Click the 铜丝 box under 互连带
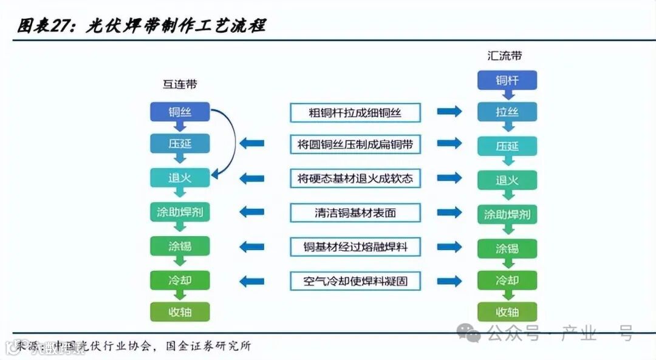tap(180, 112)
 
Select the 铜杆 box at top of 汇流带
tap(507, 80)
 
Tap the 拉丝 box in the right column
tap(507, 112)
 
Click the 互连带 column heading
tap(180, 84)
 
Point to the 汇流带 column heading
tap(505, 56)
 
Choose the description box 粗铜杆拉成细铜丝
tap(355, 112)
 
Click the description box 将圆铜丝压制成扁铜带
tap(355, 144)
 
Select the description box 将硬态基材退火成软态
tap(355, 178)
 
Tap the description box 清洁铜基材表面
tap(355, 212)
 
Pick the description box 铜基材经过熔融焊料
tap(355, 247)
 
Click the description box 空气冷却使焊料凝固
tap(355, 281)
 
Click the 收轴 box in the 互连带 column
tap(180, 312)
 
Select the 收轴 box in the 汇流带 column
tap(507, 312)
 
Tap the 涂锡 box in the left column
tap(180, 246)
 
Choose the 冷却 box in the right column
tap(507, 281)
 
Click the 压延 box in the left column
tap(180, 144)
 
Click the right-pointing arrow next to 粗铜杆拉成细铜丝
tap(449, 112)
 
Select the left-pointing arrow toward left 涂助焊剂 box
tap(251, 212)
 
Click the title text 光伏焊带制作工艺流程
tap(176, 25)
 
